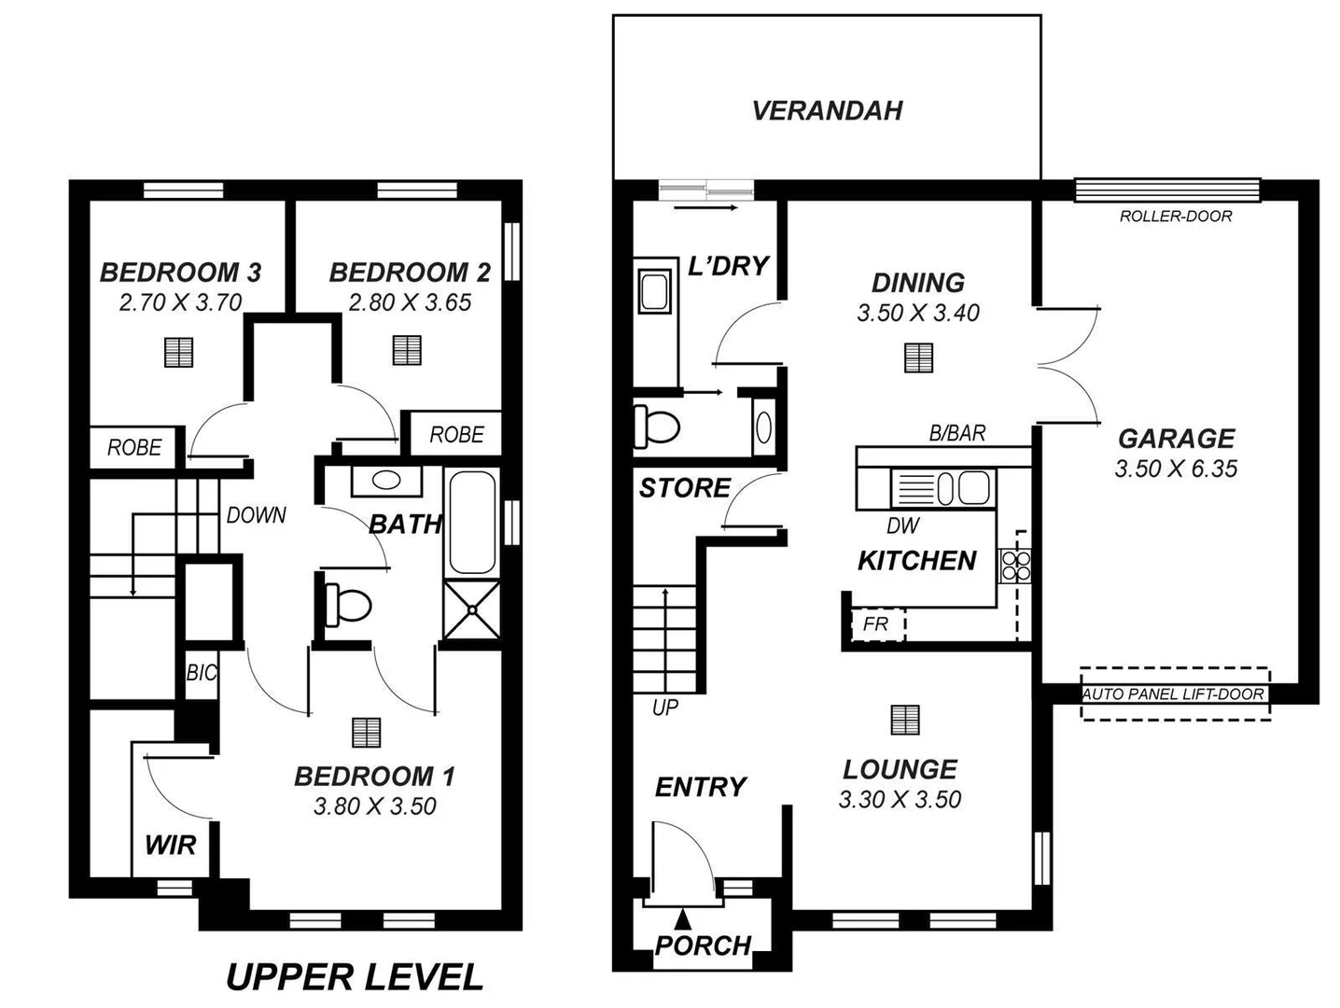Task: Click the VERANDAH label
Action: point(827,111)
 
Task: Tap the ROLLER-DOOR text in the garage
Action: point(1175,217)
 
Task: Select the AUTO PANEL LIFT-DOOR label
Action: point(1173,694)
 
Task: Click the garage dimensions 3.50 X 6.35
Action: point(1175,469)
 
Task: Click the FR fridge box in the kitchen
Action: point(875,624)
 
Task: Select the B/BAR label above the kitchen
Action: point(956,433)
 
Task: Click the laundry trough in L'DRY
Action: point(652,291)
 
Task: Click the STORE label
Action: point(684,488)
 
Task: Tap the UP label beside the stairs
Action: point(664,707)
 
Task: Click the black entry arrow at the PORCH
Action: point(684,918)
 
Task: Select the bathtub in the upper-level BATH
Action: point(472,523)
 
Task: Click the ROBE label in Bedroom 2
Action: point(456,435)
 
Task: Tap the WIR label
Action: point(170,846)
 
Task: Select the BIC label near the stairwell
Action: point(201,673)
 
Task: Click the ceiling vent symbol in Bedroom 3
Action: point(178,352)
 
